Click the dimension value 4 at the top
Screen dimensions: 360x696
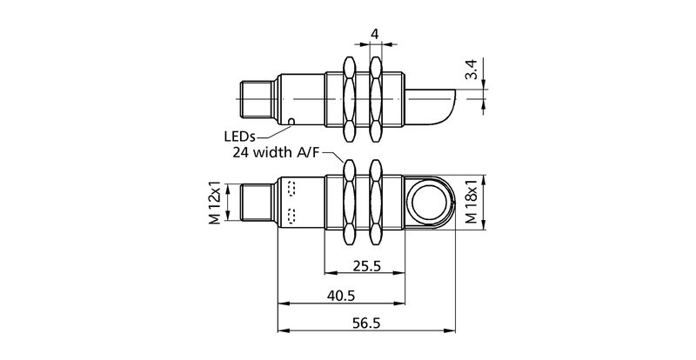pos(375,34)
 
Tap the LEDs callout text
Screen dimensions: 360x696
pos(240,136)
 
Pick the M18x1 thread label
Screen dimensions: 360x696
pos(472,203)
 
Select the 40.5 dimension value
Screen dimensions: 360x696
pos(340,296)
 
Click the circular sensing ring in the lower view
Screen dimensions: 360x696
pos(429,202)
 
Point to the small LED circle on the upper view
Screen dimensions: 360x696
pos(291,121)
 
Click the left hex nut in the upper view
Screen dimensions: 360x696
pos(351,98)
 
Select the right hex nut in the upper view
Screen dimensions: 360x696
pos(376,98)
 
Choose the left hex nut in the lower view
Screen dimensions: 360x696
pos(351,202)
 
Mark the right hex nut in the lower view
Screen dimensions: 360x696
pos(376,202)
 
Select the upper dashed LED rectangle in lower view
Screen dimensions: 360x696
pos(290,188)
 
